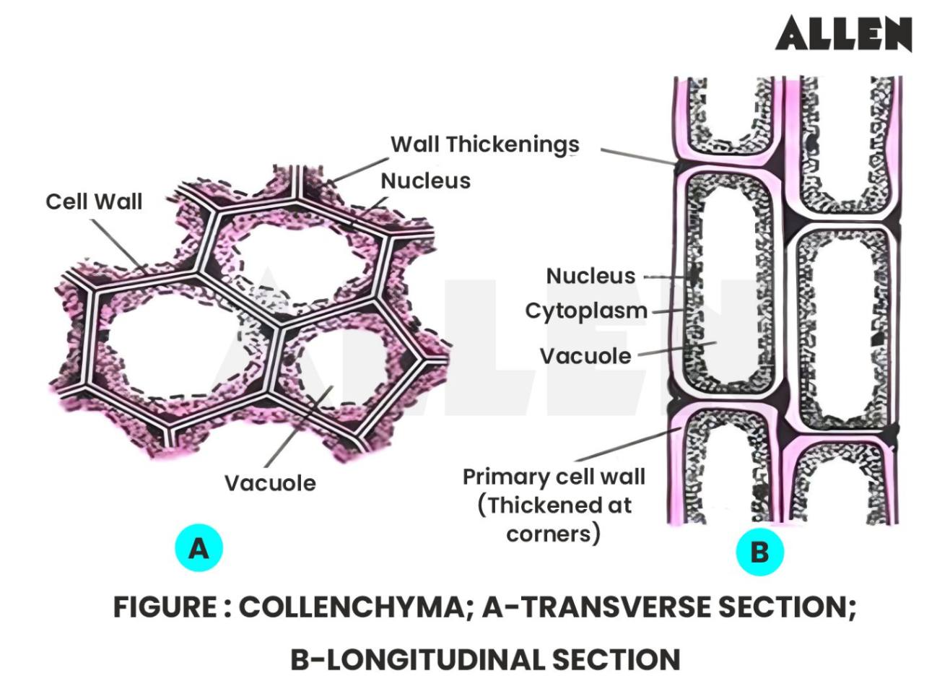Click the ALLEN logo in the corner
(843, 34)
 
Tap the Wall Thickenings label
(484, 144)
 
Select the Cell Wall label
(94, 201)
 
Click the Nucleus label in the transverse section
(425, 181)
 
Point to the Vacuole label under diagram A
(270, 483)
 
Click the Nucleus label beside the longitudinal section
(590, 276)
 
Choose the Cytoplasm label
(585, 311)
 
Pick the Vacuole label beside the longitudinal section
(585, 356)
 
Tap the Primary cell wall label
(554, 477)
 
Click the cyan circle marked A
(199, 548)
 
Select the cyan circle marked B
(759, 552)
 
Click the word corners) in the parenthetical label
(553, 534)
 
